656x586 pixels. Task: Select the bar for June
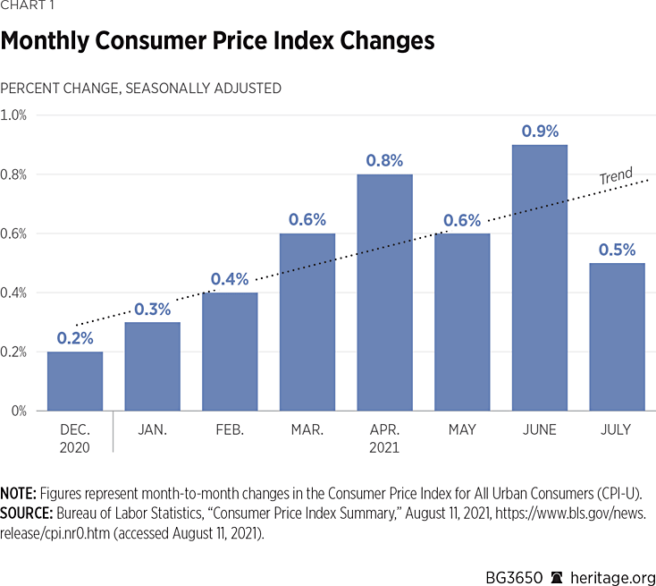pyautogui.click(x=539, y=277)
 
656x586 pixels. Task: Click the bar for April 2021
pyautogui.click(x=384, y=293)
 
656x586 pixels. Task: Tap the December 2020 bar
pyautogui.click(x=75, y=381)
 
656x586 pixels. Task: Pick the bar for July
pyautogui.click(x=617, y=336)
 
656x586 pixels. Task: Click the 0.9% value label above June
pyautogui.click(x=539, y=131)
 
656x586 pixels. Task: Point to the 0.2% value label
pyautogui.click(x=75, y=338)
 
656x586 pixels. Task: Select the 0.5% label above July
pyautogui.click(x=617, y=250)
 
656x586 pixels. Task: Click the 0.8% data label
pyautogui.click(x=384, y=161)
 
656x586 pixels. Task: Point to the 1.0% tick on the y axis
pyautogui.click(x=14, y=115)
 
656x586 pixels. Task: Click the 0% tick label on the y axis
pyautogui.click(x=18, y=412)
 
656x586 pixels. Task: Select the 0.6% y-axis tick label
pyautogui.click(x=14, y=234)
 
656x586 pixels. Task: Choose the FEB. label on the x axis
pyautogui.click(x=230, y=430)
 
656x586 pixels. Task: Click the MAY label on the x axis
pyautogui.click(x=461, y=430)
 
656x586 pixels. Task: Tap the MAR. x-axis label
pyautogui.click(x=307, y=430)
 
